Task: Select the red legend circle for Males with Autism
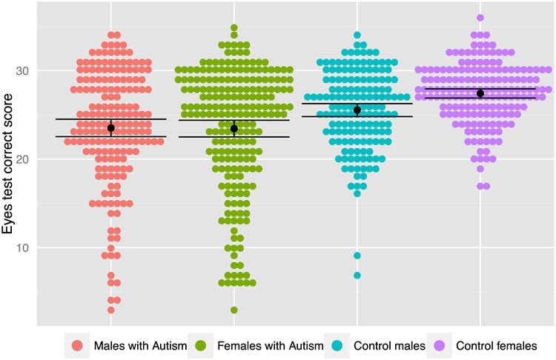click(77, 346)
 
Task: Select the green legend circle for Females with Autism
click(201, 346)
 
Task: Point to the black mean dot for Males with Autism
click(111, 128)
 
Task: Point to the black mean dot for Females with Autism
click(234, 129)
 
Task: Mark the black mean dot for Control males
click(357, 110)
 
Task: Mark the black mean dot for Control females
click(480, 94)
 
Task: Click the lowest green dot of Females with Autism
click(234, 310)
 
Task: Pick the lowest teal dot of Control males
click(357, 275)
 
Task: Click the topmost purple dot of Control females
click(480, 18)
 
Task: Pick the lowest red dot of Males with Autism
click(111, 310)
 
